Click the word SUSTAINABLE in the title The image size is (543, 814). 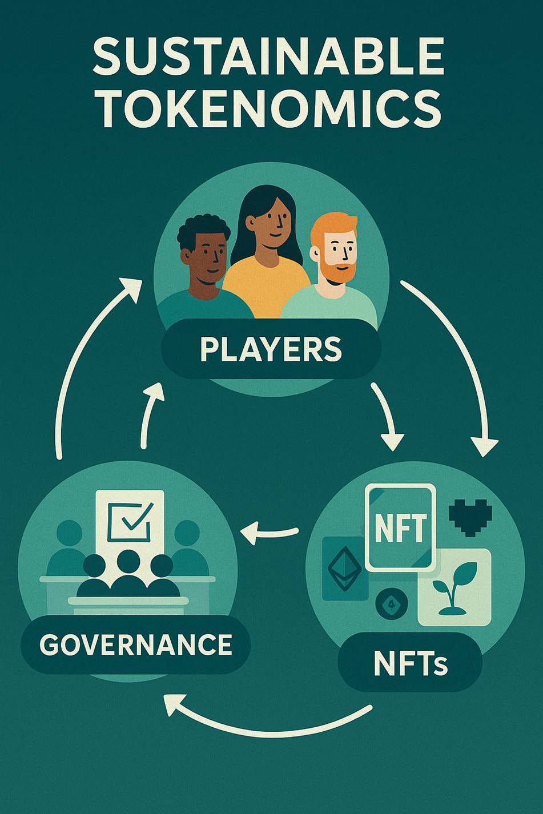click(x=268, y=57)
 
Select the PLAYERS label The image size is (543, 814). click(x=271, y=349)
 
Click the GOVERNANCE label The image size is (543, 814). click(x=136, y=644)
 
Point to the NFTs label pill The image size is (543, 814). click(x=410, y=664)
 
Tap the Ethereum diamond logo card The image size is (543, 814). click(x=344, y=569)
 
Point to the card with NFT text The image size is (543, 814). click(x=400, y=527)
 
